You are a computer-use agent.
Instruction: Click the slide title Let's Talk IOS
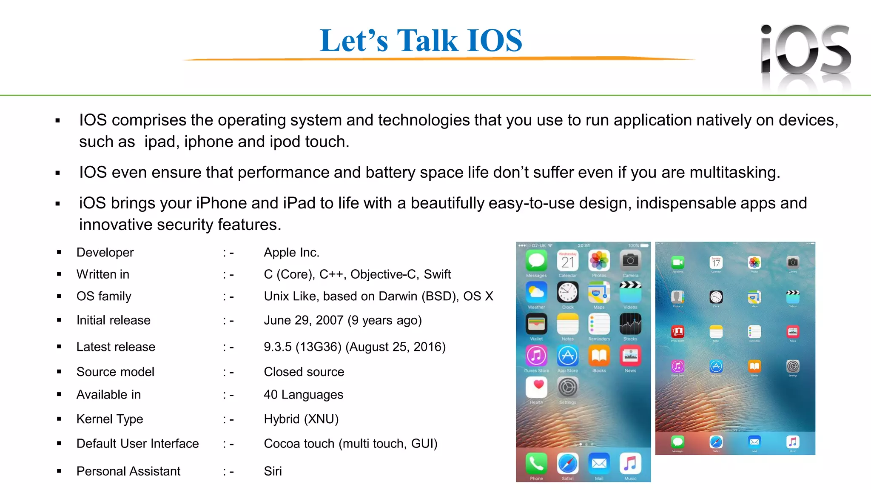[421, 40]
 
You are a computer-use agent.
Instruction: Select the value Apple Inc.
[291, 252]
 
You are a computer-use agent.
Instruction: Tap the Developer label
[105, 252]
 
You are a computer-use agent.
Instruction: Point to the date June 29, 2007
[303, 320]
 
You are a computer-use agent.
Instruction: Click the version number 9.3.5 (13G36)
[302, 347]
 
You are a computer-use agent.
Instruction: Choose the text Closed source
[304, 372]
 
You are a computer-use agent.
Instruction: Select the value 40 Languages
[303, 395]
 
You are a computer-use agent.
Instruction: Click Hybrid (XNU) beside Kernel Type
[301, 419]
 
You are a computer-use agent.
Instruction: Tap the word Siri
[273, 471]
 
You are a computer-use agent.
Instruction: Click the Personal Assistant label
[128, 471]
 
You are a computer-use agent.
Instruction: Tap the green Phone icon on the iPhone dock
[536, 463]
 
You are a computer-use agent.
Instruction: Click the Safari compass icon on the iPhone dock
[568, 463]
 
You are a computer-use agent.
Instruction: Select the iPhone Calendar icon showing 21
[568, 261]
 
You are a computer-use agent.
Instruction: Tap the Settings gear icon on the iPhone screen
[568, 387]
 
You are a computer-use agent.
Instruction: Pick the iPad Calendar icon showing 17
[716, 262]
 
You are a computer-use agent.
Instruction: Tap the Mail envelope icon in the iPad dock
[754, 442]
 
